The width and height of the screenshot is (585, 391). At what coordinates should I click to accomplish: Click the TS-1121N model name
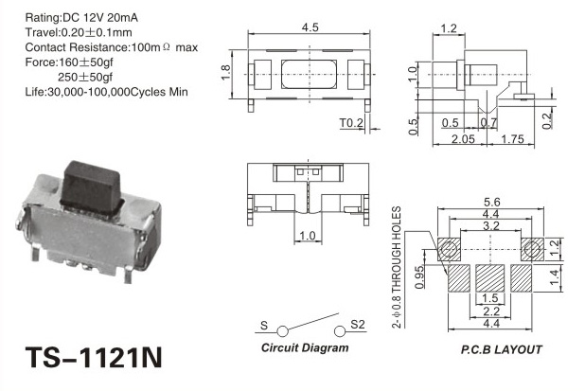[x=94, y=358]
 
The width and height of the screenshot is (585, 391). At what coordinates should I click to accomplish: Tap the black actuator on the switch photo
[x=92, y=188]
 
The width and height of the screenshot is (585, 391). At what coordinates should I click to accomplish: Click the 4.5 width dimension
[x=310, y=27]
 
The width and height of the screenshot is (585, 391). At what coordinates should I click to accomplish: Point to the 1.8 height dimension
[x=225, y=73]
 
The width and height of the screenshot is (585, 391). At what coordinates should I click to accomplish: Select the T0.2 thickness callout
[x=351, y=122]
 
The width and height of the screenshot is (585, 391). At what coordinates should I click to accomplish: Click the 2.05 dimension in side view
[x=464, y=139]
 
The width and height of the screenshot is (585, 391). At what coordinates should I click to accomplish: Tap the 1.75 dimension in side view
[x=513, y=139]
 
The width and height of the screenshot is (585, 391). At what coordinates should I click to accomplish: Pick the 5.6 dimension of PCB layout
[x=491, y=202]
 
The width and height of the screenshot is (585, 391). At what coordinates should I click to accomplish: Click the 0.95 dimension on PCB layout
[x=419, y=276]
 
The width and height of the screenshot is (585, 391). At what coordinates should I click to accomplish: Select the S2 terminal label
[x=358, y=325]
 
